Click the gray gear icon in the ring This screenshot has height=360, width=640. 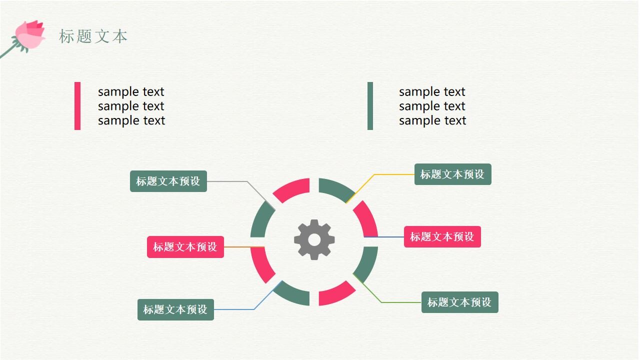tap(314, 239)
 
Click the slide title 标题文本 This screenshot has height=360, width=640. tap(93, 36)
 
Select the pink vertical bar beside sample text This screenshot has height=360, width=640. tap(77, 106)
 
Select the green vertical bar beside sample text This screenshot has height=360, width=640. tap(370, 106)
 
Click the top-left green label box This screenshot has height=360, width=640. tap(168, 181)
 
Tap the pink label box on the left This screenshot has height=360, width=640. tap(185, 247)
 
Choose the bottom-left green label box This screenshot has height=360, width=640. tap(175, 309)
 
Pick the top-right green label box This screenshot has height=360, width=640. tap(452, 174)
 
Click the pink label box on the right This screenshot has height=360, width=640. tap(442, 236)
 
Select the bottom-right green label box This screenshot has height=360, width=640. tap(459, 302)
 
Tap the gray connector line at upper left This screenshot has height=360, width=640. tap(227, 181)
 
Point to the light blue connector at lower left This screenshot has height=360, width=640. tap(235, 309)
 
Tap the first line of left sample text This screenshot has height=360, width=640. tap(131, 92)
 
